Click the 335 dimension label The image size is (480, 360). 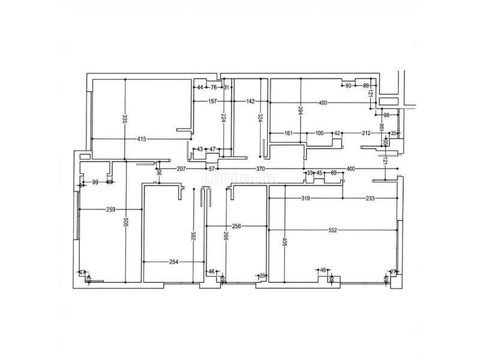click(124, 119)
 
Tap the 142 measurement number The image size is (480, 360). click(251, 101)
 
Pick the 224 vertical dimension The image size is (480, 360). click(223, 119)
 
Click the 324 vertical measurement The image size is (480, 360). click(260, 119)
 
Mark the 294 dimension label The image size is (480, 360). click(301, 110)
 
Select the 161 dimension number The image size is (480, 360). click(288, 133)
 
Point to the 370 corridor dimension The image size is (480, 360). click(260, 169)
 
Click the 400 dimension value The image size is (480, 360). click(351, 169)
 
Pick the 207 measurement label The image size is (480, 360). click(181, 169)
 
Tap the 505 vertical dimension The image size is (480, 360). click(124, 223)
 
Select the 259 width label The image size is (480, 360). click(110, 209)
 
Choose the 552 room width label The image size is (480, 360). click(334, 230)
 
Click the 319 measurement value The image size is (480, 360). click(305, 198)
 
